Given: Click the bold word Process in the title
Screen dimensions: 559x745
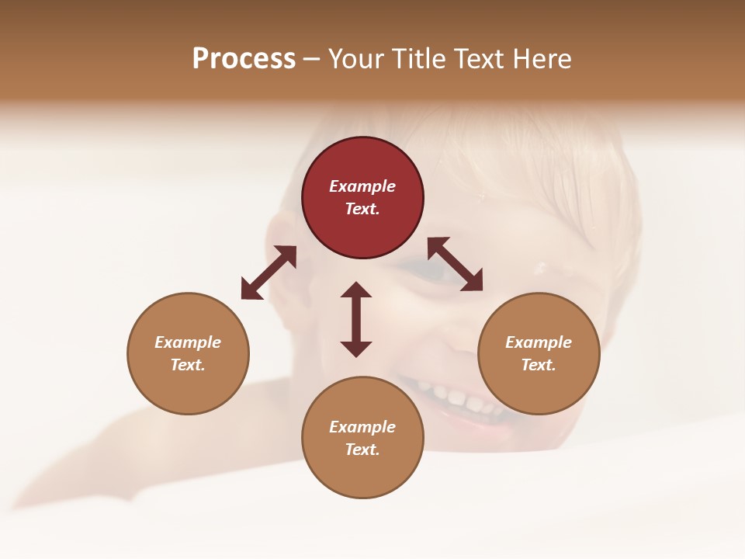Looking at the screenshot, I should point(244,59).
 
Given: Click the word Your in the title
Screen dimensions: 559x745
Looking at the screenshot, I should point(358,59).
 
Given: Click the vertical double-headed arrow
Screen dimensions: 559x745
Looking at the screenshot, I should point(356,319).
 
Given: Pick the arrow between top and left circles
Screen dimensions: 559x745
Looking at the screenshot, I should point(269,273).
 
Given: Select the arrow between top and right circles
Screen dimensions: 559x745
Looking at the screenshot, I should point(456,264).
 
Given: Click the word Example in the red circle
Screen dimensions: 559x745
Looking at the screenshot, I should point(362,186).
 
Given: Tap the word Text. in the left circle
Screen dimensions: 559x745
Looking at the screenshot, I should point(188,365).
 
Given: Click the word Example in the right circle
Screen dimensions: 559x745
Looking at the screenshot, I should point(539,342).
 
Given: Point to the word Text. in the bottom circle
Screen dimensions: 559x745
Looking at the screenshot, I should point(362,450).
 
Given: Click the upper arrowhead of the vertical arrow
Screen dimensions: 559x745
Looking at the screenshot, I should point(356,290).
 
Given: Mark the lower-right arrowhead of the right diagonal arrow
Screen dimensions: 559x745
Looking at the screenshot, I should point(473,282).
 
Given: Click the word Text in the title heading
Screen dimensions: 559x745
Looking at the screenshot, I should point(481,59).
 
